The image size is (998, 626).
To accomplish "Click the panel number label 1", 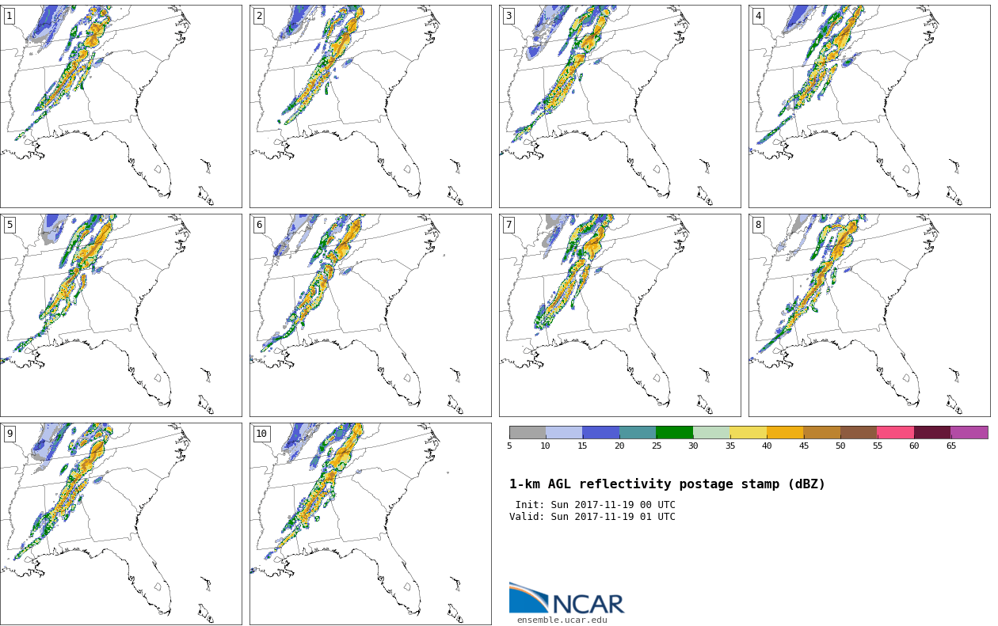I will pyautogui.click(x=10, y=16).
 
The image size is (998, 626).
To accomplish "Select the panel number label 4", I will pyautogui.click(x=758, y=16).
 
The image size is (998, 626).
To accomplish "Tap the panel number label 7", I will pyautogui.click(x=509, y=225).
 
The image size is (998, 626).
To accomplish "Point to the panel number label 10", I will pyautogui.click(x=261, y=434).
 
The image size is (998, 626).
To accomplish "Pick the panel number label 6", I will pyautogui.click(x=259, y=225).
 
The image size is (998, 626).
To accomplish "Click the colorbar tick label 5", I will pyautogui.click(x=509, y=446).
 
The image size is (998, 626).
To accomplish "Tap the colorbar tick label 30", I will pyautogui.click(x=693, y=446).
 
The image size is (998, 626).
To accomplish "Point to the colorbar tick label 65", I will pyautogui.click(x=950, y=446).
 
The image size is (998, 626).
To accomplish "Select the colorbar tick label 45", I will pyautogui.click(x=803, y=446).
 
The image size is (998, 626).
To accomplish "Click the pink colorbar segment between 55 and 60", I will pyautogui.click(x=895, y=432).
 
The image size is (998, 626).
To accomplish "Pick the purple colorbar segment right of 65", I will pyautogui.click(x=969, y=432).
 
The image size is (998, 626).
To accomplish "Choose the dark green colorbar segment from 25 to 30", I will pyautogui.click(x=674, y=432).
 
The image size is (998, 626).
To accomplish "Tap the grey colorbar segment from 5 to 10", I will pyautogui.click(x=528, y=432).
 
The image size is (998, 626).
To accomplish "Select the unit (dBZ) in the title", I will pyautogui.click(x=803, y=484).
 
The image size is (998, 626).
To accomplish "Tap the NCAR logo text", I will pyautogui.click(x=588, y=604).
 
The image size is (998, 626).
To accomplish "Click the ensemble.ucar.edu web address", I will pyautogui.click(x=562, y=620).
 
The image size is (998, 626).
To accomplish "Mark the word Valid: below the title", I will pyautogui.click(x=528, y=517).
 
